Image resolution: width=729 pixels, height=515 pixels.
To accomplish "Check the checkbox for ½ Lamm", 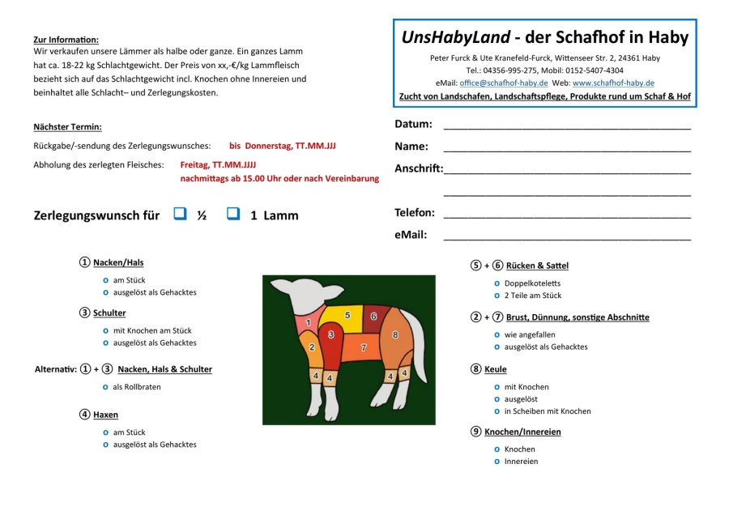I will [180, 215].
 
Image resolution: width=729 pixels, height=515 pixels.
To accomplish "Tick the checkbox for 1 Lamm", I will [233, 215].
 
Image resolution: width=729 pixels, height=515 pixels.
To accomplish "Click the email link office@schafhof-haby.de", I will [503, 83].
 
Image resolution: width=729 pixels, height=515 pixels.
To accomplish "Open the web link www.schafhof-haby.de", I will [613, 83].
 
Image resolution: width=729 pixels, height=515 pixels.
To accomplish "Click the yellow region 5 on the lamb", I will [347, 314].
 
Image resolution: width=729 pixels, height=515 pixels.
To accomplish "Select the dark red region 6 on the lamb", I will [374, 316].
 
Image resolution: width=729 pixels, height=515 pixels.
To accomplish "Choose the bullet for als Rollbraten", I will [105, 387].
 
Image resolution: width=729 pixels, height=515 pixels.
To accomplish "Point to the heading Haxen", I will [105, 415].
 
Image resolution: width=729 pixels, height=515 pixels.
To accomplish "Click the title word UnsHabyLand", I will [456, 37].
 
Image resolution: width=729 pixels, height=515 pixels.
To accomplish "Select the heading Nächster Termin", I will [67, 127].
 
